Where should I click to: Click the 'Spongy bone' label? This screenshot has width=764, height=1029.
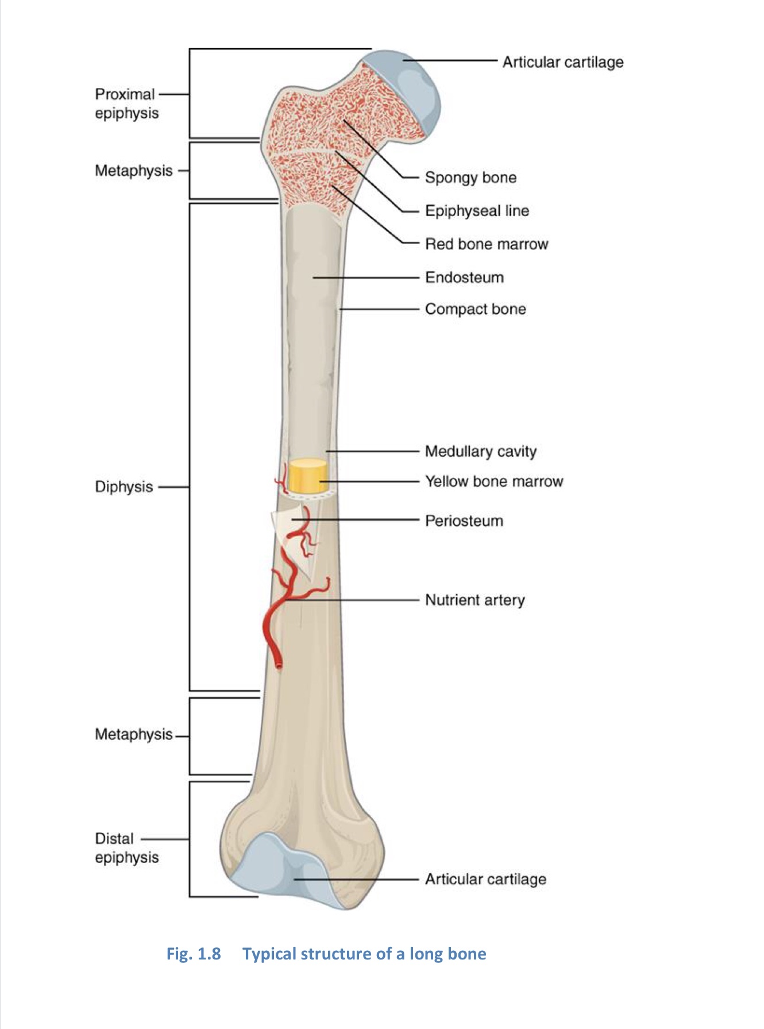click(x=470, y=178)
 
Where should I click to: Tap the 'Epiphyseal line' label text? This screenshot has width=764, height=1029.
click(x=477, y=211)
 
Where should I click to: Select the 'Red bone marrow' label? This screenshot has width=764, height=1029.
click(x=487, y=244)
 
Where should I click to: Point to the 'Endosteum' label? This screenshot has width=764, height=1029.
click(x=464, y=278)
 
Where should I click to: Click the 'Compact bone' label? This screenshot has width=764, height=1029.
click(x=476, y=309)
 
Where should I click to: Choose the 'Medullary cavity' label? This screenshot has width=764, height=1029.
click(x=481, y=452)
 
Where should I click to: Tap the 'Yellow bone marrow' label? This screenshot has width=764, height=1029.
click(x=494, y=481)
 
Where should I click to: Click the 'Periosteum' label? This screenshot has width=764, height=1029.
click(x=464, y=521)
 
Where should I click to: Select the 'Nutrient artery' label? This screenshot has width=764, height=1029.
click(x=475, y=600)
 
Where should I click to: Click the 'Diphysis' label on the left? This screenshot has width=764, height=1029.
click(x=124, y=487)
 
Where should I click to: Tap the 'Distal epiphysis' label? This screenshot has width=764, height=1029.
click(x=126, y=848)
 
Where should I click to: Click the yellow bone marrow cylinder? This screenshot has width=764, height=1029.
click(x=307, y=476)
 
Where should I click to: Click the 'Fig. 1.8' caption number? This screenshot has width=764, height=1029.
click(x=194, y=954)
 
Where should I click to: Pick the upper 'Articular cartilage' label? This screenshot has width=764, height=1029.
click(x=563, y=62)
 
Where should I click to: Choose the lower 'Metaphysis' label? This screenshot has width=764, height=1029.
click(x=134, y=734)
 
